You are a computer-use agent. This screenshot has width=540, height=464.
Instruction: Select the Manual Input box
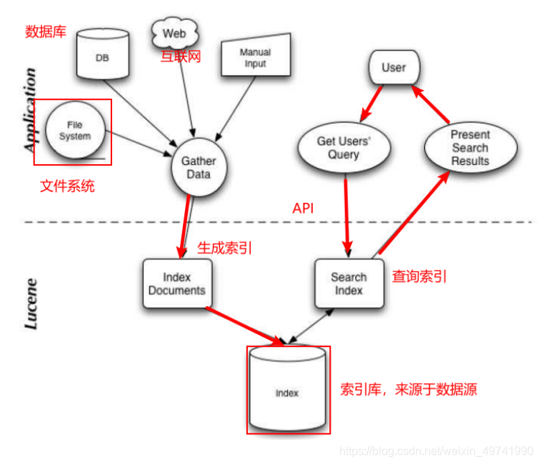click(255, 57)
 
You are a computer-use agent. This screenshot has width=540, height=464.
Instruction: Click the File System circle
click(75, 131)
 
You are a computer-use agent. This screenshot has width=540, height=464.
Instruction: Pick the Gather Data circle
click(198, 168)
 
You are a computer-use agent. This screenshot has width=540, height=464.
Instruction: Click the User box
click(394, 69)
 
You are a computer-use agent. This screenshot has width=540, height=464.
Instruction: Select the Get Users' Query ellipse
click(344, 148)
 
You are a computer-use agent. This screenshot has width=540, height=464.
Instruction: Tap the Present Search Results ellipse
click(469, 148)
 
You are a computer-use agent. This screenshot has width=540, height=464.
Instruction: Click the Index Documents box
click(174, 283)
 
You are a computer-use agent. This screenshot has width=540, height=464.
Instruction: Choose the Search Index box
click(349, 283)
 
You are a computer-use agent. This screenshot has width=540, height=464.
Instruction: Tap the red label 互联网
click(180, 56)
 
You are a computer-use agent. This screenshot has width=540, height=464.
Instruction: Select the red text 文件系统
click(67, 187)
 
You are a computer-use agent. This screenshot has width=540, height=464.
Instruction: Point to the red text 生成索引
click(224, 248)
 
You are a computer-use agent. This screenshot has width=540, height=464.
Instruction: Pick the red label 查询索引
click(419, 276)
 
